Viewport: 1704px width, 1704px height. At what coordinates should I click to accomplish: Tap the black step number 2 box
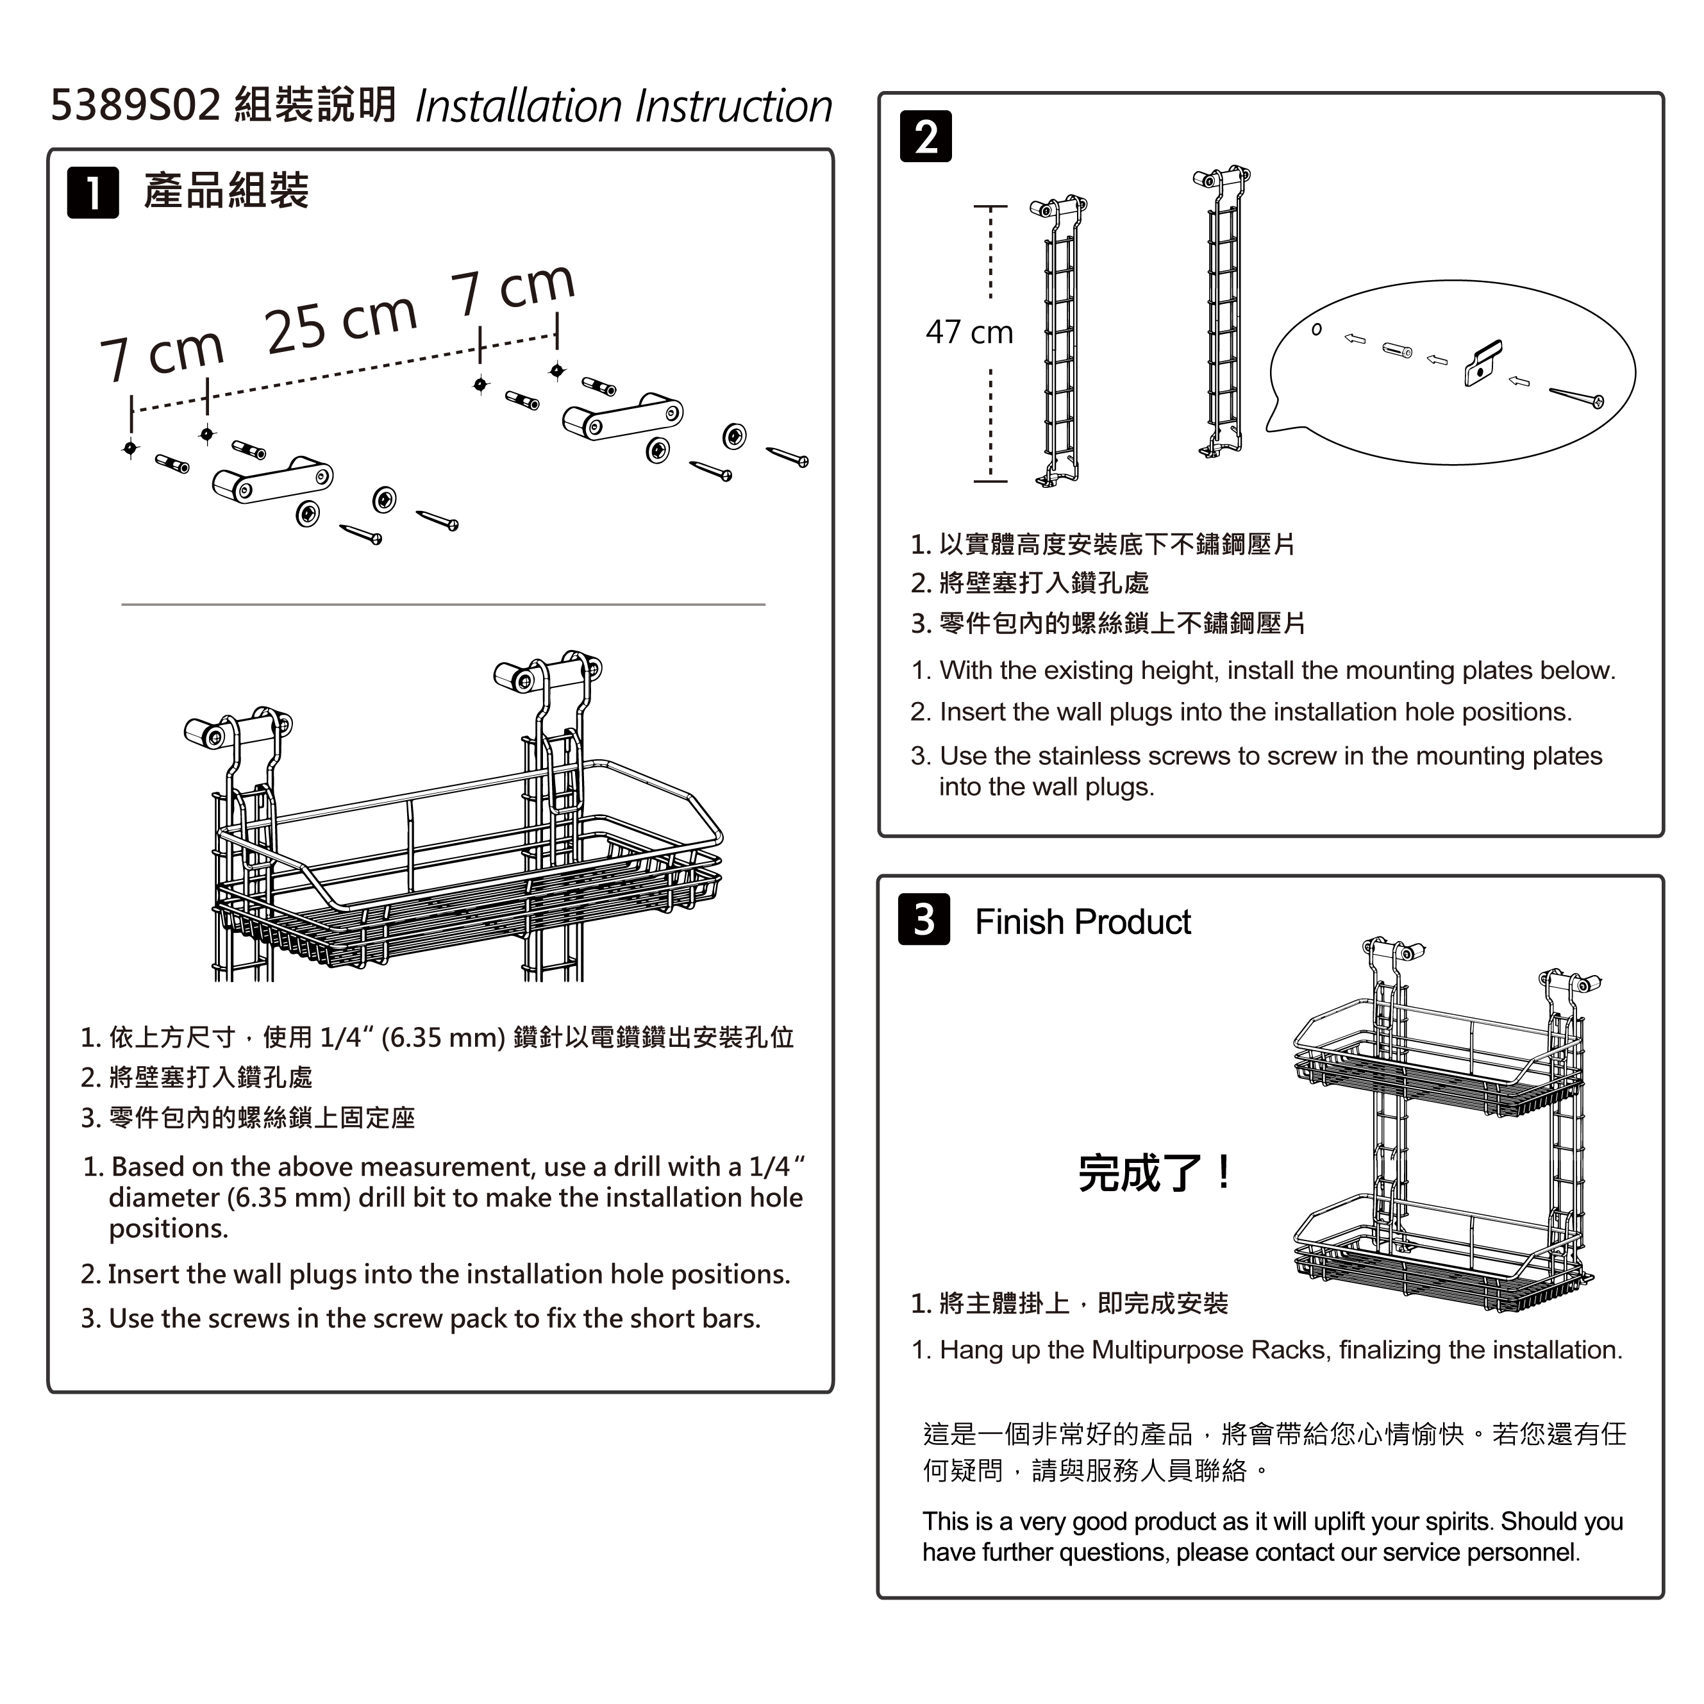[925, 137]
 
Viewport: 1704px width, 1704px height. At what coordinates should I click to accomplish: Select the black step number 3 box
[923, 920]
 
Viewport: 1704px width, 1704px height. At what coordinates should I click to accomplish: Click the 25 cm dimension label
[340, 322]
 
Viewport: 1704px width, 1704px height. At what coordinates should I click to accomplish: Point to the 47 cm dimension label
[969, 333]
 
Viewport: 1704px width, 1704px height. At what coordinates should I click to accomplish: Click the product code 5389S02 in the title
[135, 105]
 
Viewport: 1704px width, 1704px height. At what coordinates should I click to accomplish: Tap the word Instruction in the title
[734, 106]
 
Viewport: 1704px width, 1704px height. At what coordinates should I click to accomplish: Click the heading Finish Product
[1082, 923]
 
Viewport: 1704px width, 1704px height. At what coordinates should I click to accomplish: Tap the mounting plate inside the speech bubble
[1483, 363]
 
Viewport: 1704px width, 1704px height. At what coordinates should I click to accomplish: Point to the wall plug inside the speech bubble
[1396, 350]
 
